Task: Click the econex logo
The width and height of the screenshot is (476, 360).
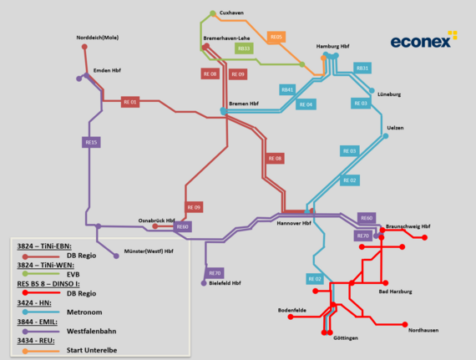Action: [423, 40]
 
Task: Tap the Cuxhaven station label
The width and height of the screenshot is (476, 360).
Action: [231, 13]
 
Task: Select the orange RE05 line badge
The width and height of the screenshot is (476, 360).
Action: [276, 37]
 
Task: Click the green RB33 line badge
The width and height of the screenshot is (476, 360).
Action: [244, 48]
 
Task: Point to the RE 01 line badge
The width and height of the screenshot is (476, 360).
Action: [130, 102]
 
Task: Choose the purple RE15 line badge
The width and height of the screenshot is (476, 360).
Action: [91, 142]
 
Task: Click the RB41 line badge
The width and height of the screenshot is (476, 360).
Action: [287, 89]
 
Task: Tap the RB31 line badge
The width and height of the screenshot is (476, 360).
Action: [362, 68]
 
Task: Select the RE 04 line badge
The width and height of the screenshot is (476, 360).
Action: [306, 104]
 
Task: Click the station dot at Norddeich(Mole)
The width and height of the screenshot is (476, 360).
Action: [84, 47]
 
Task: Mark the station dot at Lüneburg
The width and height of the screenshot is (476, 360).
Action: [372, 90]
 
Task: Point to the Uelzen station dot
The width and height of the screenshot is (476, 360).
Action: [386, 136]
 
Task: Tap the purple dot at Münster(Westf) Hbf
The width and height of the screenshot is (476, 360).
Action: [116, 256]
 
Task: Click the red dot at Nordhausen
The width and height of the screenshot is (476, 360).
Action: [405, 324]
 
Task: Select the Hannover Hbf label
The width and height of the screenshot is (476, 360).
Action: [294, 223]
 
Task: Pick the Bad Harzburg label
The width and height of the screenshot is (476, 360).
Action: [395, 292]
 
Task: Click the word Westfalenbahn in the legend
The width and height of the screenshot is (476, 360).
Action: [91, 331]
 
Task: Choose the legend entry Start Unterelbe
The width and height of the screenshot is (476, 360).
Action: [92, 350]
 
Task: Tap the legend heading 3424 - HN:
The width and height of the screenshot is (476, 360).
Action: [34, 303]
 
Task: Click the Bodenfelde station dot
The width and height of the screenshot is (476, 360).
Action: [291, 317]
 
